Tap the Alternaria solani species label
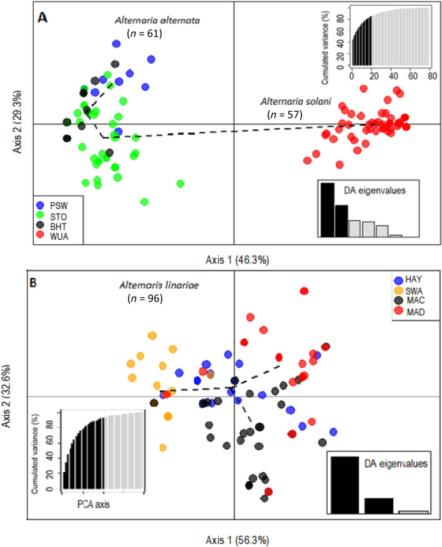(x=292, y=101)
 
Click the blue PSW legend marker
(x=40, y=204)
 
